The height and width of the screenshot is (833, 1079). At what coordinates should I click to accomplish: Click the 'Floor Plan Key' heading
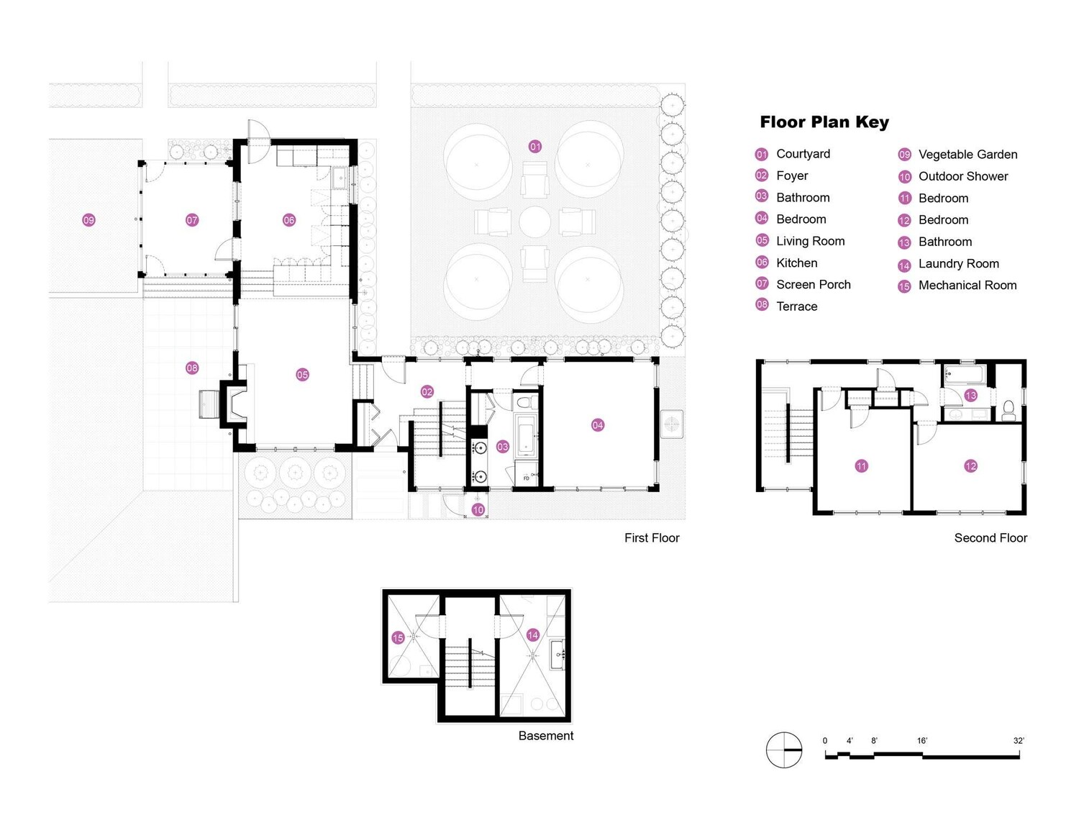pos(824,122)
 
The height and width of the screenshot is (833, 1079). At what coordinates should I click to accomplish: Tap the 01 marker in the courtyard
pos(534,147)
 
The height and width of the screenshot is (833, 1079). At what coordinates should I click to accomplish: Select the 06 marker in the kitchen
pos(289,220)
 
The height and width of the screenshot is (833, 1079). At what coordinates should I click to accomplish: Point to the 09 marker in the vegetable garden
pos(88,220)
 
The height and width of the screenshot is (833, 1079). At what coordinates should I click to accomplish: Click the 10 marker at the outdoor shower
pos(478,510)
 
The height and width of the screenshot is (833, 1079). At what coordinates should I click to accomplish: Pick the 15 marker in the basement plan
pos(398,638)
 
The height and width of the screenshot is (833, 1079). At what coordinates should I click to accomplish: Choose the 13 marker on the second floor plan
pos(971,396)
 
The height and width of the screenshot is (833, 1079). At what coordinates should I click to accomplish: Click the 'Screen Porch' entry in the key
pos(814,284)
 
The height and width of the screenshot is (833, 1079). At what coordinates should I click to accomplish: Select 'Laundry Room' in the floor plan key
pos(958,263)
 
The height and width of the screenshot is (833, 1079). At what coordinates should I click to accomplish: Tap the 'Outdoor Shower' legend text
pos(962,176)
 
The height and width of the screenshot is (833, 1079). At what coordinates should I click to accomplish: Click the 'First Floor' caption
pos(652,537)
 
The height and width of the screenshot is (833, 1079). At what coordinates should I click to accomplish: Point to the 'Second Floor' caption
pos(991,537)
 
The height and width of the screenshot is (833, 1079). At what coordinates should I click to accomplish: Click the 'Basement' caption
pos(546,735)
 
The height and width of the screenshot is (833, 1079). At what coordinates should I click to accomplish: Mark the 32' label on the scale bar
pos(1019,741)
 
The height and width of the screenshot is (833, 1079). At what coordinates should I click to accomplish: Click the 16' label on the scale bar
pos(922,741)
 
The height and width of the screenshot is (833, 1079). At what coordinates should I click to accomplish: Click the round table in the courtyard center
pos(534,222)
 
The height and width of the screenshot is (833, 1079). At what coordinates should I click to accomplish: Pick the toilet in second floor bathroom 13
pos(1009,410)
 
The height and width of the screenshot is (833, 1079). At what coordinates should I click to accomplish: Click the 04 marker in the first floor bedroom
pos(597,425)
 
